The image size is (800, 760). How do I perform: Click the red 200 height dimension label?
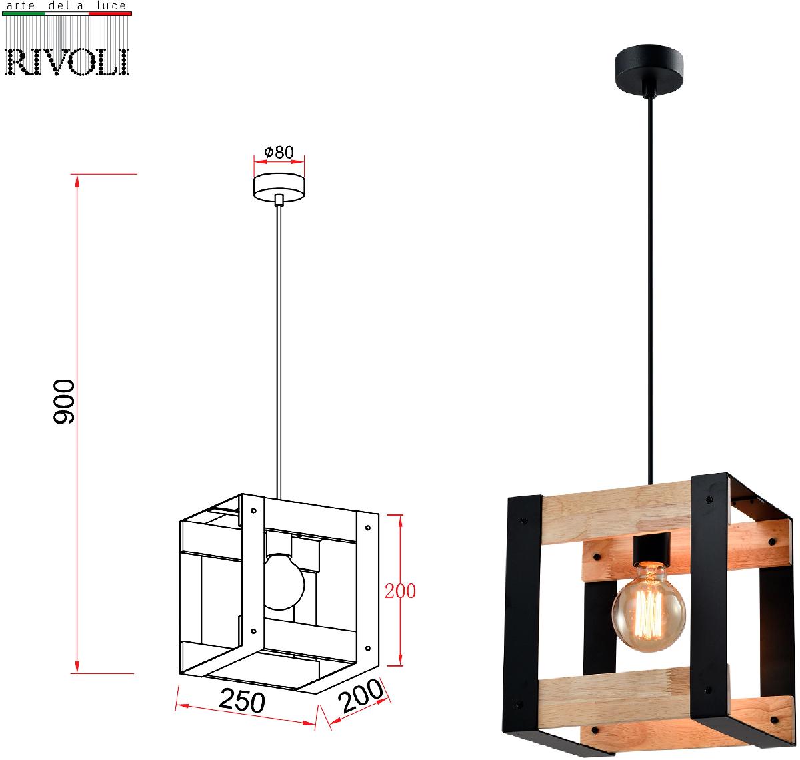click(400, 591)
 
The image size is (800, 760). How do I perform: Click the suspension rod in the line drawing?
click(280, 347)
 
